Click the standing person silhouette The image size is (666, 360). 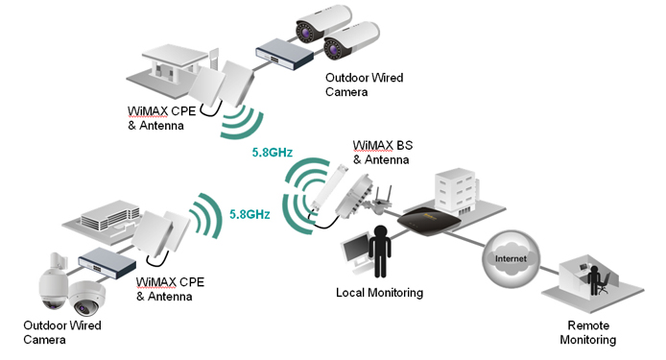click(x=381, y=252)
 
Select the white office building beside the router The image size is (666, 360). click(x=452, y=195)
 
